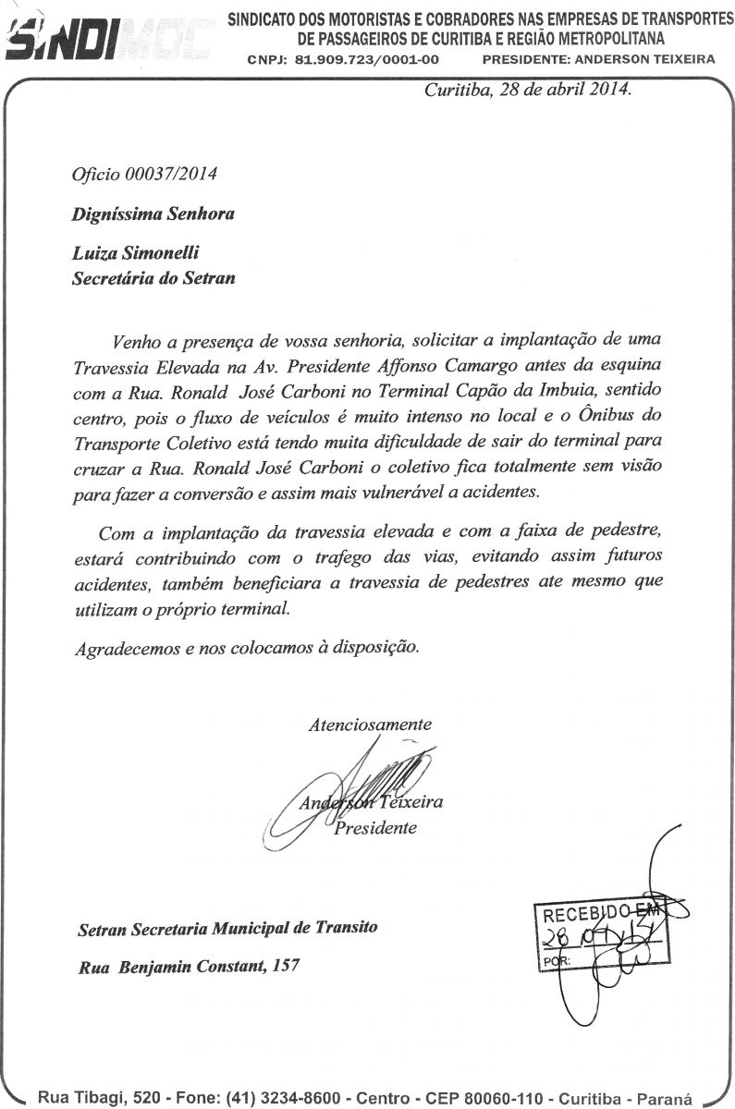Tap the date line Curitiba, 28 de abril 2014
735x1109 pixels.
point(527,91)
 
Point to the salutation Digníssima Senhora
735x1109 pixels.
point(153,213)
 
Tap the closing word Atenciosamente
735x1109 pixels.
point(370,725)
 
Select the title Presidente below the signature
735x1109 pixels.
point(375,828)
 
